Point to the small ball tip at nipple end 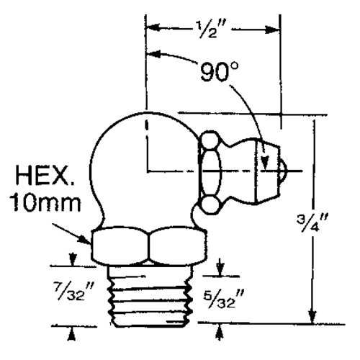[283, 172]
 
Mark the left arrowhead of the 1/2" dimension [150, 29]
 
